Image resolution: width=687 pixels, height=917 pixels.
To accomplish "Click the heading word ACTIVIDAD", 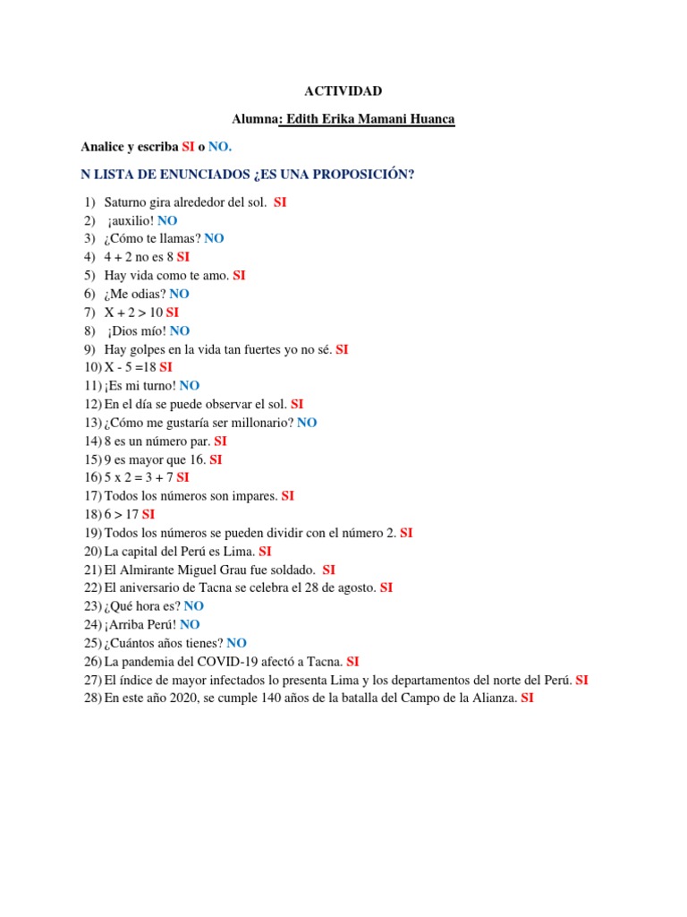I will tap(343, 91).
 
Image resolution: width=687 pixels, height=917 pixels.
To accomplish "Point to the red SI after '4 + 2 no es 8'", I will tap(182, 257).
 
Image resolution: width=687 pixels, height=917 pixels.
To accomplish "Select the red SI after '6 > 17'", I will tap(148, 514).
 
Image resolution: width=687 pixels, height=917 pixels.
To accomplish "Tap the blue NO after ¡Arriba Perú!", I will tap(190, 624).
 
